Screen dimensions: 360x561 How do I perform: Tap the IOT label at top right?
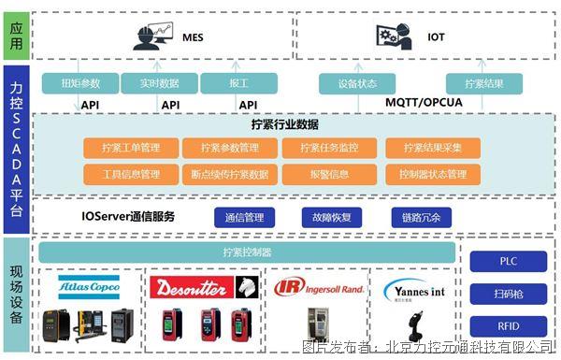click(437, 38)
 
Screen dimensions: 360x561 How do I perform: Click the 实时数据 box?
click(159, 83)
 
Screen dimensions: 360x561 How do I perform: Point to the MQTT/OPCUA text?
click(425, 102)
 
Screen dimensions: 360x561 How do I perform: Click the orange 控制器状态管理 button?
click(431, 174)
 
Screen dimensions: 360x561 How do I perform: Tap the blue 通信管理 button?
click(245, 217)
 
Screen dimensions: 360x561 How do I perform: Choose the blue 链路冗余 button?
click(422, 217)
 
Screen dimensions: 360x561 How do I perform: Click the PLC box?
click(507, 262)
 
